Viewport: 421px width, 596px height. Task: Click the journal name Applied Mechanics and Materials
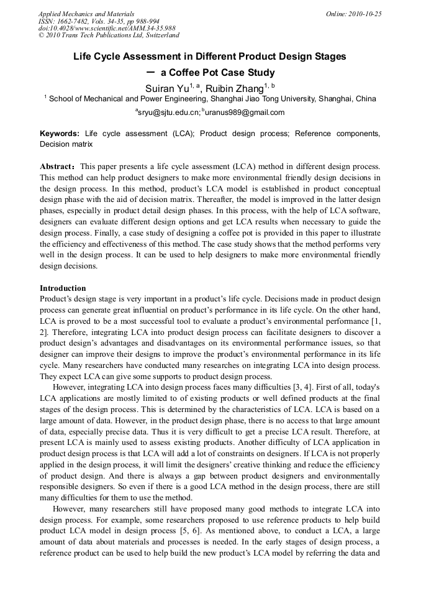click(86, 13)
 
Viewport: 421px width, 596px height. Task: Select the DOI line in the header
click(107, 28)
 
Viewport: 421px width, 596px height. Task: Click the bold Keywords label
click(60, 134)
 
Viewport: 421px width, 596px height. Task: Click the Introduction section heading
click(63, 288)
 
